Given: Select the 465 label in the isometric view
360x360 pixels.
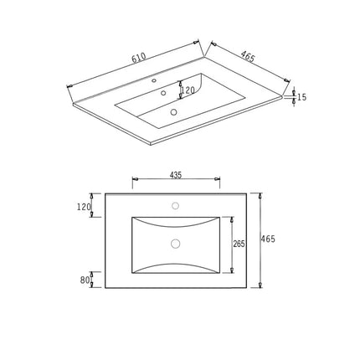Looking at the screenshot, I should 248,57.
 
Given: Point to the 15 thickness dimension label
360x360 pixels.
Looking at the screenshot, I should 301,98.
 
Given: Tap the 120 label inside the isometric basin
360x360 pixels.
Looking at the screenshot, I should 188,90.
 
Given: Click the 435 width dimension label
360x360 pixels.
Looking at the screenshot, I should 176,176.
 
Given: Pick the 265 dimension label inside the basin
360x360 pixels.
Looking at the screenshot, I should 239,244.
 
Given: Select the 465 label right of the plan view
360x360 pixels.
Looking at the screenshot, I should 269,239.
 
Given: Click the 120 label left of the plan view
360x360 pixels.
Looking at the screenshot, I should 84,207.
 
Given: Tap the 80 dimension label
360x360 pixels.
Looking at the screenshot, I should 85,280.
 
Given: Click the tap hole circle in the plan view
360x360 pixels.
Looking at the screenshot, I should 176,205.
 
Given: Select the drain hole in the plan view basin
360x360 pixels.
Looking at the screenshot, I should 176,244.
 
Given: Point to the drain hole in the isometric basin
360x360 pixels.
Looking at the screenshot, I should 173,111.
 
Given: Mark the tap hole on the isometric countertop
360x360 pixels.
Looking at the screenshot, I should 154,81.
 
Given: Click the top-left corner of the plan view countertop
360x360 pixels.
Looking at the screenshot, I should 105,194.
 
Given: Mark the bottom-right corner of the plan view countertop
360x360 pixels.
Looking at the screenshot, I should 246,288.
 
